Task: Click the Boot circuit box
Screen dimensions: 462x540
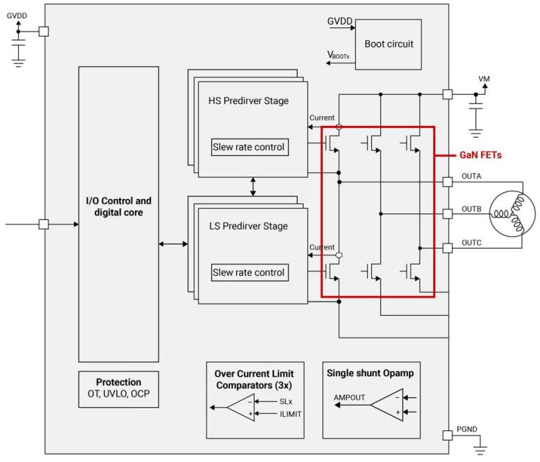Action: (388, 44)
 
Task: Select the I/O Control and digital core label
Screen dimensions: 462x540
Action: (118, 206)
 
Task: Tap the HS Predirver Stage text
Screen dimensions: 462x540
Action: (248, 101)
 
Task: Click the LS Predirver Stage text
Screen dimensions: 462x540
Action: (248, 226)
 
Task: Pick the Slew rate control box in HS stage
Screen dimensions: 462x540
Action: (249, 147)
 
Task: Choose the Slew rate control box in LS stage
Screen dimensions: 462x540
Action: (249, 272)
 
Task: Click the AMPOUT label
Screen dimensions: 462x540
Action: (349, 397)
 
